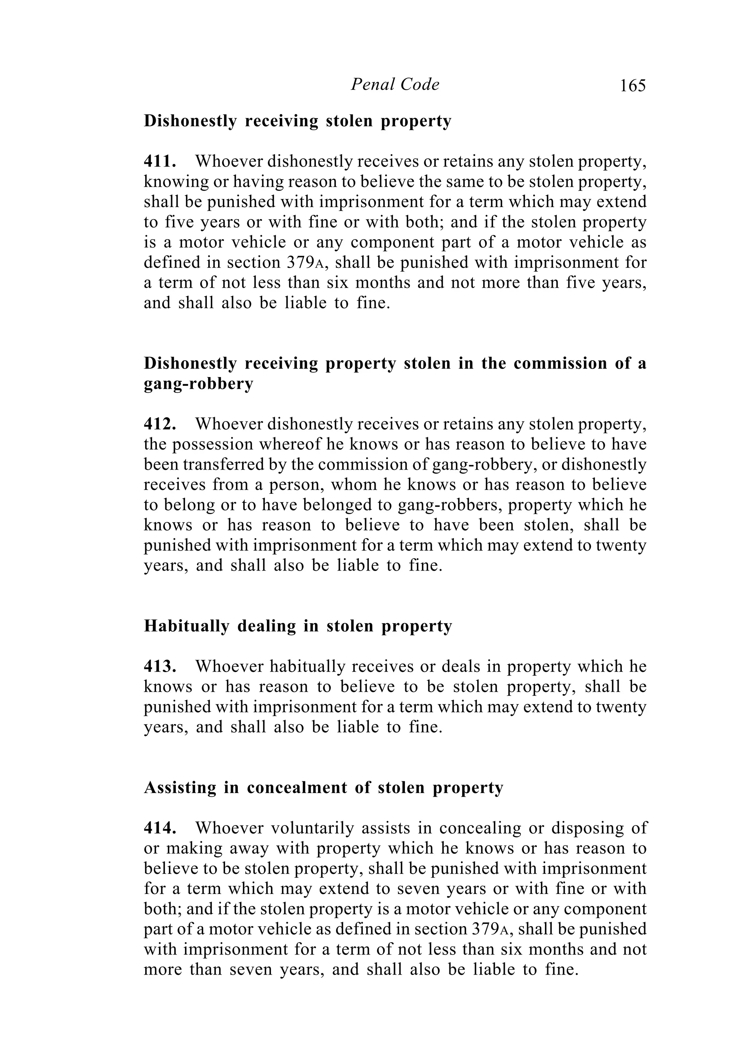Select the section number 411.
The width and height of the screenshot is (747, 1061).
click(160, 161)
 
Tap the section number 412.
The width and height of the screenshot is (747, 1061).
click(160, 424)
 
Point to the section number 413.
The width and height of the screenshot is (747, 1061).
click(160, 666)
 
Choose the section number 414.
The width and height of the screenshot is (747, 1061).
click(160, 828)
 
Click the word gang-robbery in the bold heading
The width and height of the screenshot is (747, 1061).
click(198, 384)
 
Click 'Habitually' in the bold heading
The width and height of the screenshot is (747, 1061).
click(187, 626)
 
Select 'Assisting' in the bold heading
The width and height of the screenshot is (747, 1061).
click(180, 788)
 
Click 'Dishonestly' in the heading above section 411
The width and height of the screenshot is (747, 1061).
click(190, 121)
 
